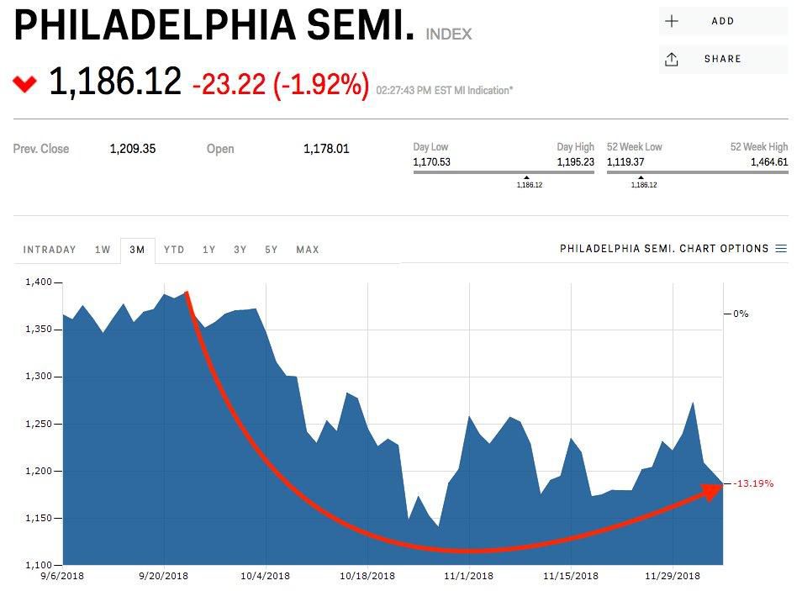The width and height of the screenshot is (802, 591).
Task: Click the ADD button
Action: point(722,21)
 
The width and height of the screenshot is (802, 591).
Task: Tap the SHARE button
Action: point(722,59)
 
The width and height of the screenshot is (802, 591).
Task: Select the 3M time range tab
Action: point(137,250)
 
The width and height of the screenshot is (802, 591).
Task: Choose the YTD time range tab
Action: point(174,250)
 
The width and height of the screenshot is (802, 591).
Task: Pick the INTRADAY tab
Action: point(50,250)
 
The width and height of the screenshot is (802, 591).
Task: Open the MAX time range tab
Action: point(308,250)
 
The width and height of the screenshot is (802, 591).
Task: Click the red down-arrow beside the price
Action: point(25,83)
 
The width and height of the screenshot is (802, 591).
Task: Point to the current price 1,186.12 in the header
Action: point(115,82)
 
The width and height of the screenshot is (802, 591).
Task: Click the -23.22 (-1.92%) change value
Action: point(281,84)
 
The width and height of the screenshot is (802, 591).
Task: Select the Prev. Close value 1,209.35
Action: point(133,149)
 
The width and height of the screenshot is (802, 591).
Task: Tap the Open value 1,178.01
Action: point(326,149)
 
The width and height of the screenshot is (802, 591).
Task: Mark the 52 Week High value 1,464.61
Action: point(769,162)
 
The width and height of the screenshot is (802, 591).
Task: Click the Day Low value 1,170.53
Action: point(432,162)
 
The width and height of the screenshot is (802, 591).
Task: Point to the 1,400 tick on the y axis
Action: point(38,282)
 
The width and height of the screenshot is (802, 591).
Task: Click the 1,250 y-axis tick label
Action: point(38,424)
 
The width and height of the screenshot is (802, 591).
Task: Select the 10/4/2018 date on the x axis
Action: point(266,576)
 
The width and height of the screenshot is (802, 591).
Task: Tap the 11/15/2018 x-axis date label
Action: point(571,576)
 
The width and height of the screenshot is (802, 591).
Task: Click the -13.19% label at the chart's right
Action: point(752,483)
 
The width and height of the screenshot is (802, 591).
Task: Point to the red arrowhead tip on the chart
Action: point(720,485)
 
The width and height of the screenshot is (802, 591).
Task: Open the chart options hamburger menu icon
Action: point(781,249)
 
